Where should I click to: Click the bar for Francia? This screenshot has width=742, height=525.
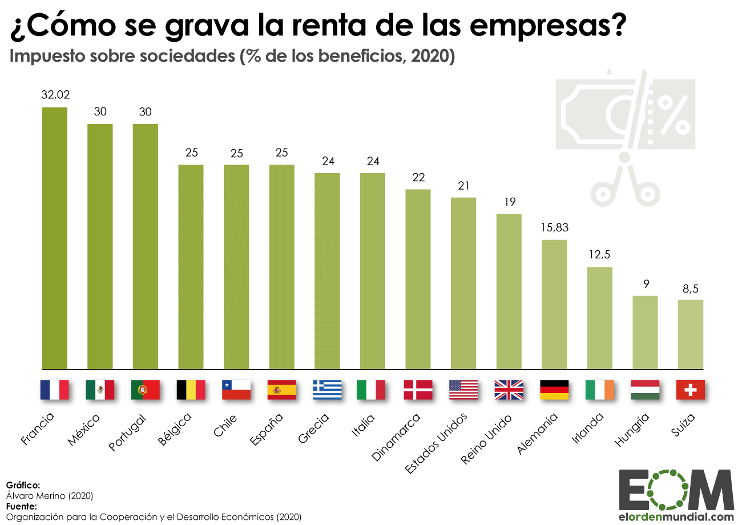[x=55, y=238]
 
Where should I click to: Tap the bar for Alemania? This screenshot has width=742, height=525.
[x=554, y=304]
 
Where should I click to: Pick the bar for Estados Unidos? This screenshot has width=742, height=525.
[x=463, y=283]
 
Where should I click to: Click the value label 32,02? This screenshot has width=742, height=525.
[x=55, y=95]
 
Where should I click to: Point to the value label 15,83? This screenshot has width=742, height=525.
[x=554, y=227]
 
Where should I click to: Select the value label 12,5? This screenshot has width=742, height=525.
[x=599, y=255]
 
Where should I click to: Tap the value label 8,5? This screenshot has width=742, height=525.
[x=690, y=288]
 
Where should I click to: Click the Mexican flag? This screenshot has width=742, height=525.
[x=100, y=390]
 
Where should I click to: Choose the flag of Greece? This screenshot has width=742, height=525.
[x=327, y=390]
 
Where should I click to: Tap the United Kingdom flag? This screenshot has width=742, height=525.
[x=509, y=390]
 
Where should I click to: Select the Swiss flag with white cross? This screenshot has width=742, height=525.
[x=690, y=390]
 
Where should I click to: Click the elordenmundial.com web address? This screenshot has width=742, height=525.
[x=676, y=516]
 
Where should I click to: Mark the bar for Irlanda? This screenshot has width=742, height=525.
[x=599, y=318]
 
